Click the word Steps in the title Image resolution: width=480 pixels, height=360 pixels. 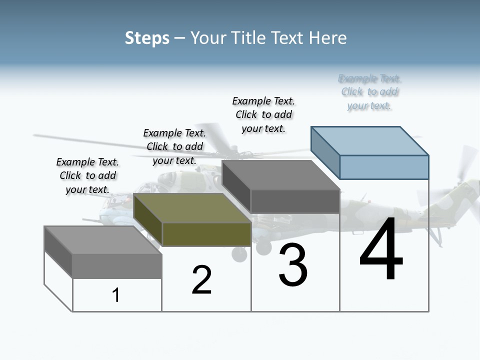pos(147,38)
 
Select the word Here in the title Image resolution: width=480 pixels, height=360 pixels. pos(328,38)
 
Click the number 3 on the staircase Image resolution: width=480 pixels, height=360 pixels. pos(293,265)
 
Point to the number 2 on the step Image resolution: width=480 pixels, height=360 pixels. pos(201,280)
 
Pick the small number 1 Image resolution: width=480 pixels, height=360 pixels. pos(116,295)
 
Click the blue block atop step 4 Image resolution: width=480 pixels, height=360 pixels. pos(384,167)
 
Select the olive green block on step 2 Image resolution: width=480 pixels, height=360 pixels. pos(206,234)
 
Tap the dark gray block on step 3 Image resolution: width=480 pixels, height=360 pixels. pos(295,201)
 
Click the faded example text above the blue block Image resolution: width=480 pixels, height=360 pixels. pos(369,92)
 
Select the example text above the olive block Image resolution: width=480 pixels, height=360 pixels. pos(174,146)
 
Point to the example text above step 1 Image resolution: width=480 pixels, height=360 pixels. pos(87,175)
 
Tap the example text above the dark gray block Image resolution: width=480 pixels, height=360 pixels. pos(263,114)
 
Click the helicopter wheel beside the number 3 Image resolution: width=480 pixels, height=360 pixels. pos(239,254)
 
